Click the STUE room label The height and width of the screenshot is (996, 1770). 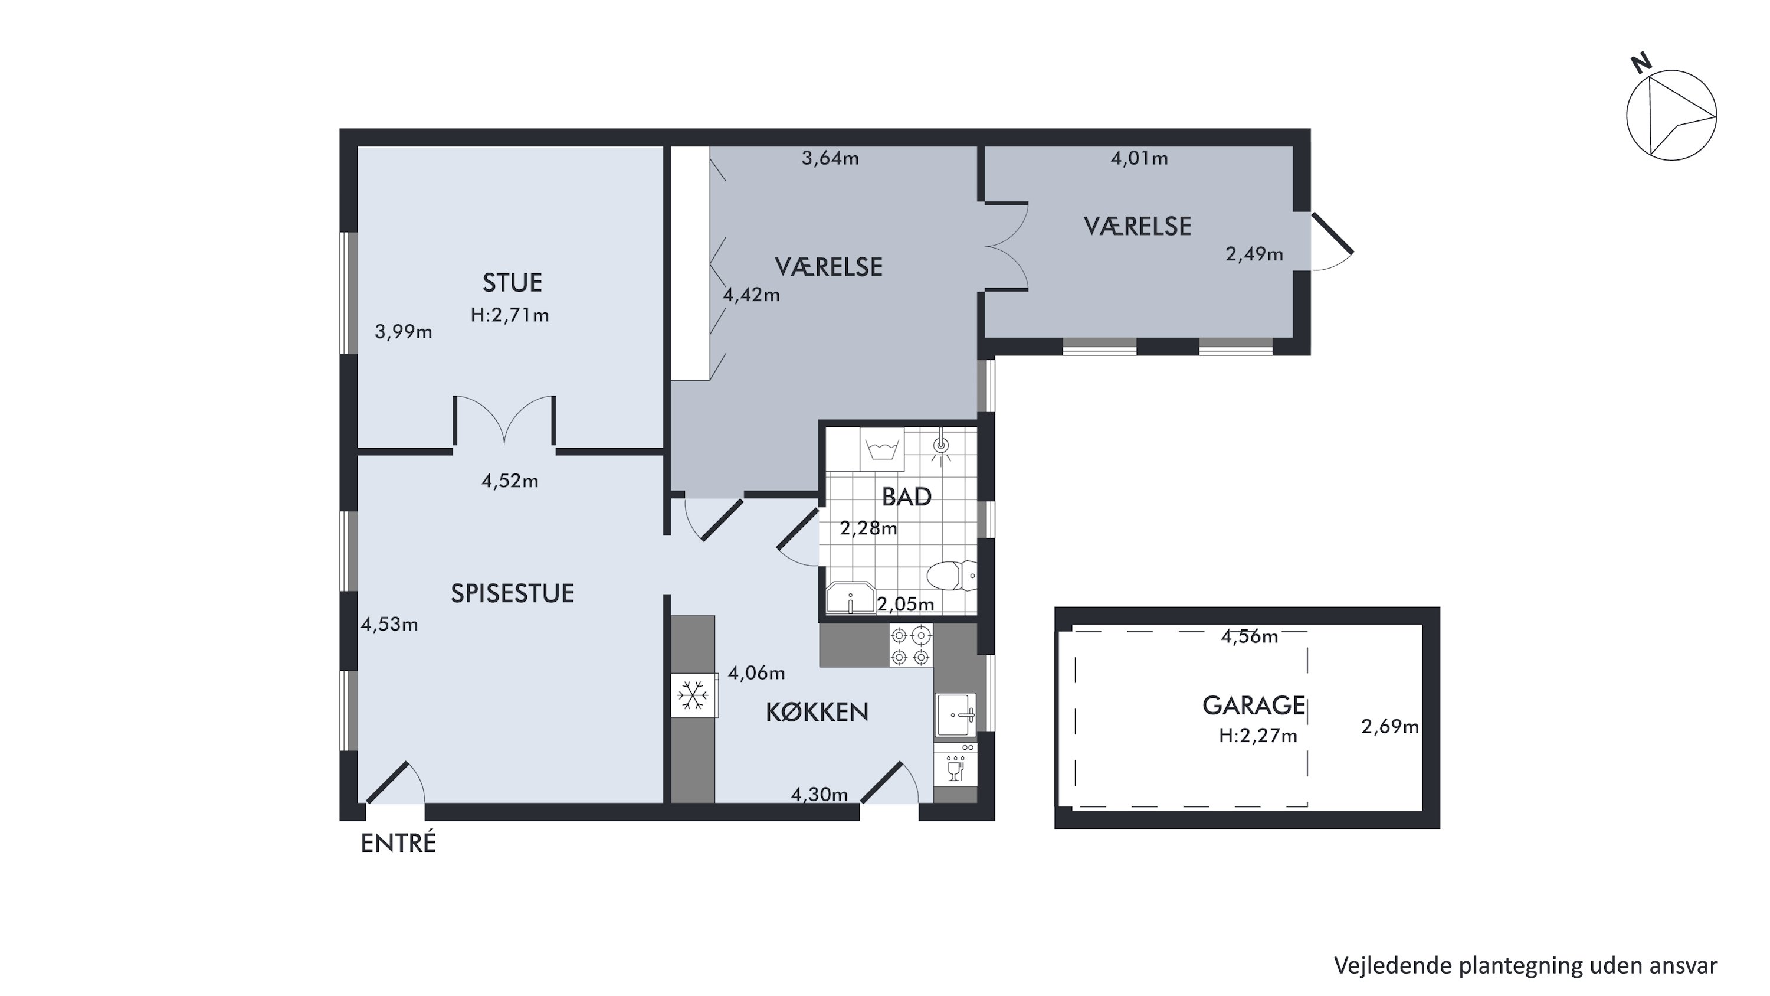[512, 283]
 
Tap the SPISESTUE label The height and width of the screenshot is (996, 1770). [512, 593]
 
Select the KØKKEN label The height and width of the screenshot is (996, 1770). [817, 712]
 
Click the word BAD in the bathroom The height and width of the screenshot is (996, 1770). [906, 497]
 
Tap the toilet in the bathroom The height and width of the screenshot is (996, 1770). [952, 575]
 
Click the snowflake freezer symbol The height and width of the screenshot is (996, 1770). [693, 695]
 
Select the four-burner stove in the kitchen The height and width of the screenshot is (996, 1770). [911, 645]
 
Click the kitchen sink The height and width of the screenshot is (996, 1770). [955, 715]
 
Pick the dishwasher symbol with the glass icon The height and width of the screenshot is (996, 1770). [955, 765]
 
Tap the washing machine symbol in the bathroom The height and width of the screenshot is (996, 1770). [882, 449]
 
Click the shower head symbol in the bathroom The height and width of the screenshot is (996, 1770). [941, 445]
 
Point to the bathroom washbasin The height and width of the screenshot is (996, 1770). [851, 598]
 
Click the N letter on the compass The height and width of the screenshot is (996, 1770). [1641, 63]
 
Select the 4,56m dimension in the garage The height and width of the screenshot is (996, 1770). [1249, 636]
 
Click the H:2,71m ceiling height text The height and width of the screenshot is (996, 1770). [510, 315]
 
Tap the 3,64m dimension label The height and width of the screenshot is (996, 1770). [830, 158]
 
